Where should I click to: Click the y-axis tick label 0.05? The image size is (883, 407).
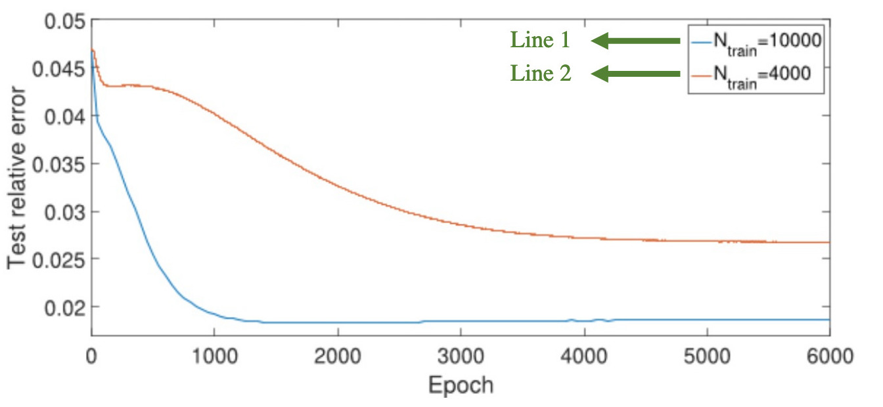pyautogui.click(x=64, y=22)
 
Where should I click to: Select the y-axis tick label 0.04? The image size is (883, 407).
pyautogui.click(x=64, y=117)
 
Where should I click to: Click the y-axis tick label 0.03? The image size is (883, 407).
pyautogui.click(x=64, y=211)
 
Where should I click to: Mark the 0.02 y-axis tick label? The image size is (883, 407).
pyautogui.click(x=64, y=307)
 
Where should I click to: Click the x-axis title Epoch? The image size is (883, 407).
pyautogui.click(x=461, y=385)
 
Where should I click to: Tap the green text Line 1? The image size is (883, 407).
pyautogui.click(x=540, y=41)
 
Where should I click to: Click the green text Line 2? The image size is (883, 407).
pyautogui.click(x=541, y=74)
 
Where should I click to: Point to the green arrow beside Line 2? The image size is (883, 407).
pyautogui.click(x=635, y=75)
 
